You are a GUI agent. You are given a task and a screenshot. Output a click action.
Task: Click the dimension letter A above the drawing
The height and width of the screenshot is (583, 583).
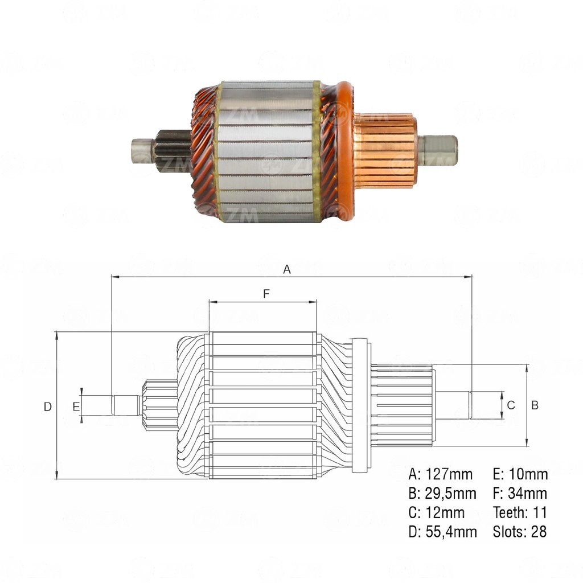287,269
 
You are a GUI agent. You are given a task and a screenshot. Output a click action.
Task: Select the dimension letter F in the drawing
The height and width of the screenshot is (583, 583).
266,294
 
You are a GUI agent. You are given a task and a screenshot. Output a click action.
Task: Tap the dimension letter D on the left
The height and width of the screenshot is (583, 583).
48,407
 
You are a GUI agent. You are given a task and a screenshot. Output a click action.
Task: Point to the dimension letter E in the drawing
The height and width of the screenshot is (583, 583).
76,406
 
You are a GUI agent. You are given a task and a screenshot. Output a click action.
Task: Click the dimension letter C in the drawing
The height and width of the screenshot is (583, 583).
511,405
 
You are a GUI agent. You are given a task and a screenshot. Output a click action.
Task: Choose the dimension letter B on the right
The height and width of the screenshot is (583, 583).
535,405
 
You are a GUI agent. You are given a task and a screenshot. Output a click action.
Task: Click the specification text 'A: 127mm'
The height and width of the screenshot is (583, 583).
440,474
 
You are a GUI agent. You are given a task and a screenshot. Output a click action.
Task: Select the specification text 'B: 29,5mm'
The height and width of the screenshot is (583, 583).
442,493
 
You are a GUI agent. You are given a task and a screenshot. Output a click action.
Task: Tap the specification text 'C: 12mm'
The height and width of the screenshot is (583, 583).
436,512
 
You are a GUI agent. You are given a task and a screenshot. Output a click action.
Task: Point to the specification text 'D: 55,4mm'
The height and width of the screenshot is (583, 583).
442,532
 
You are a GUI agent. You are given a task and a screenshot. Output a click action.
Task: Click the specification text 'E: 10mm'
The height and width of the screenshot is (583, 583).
520,474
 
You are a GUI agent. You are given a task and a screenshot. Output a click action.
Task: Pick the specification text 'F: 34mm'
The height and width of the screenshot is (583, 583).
519,493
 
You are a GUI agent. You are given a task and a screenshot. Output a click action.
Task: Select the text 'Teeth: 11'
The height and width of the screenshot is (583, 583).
519,512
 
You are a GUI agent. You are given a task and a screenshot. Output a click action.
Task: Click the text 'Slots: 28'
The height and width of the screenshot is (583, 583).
519,532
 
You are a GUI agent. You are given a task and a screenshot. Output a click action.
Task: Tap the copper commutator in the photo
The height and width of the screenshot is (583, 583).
385,150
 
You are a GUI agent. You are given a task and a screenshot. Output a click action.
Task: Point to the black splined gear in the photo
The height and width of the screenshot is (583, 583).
173,151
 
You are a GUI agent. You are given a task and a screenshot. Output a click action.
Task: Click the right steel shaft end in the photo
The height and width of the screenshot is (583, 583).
438,150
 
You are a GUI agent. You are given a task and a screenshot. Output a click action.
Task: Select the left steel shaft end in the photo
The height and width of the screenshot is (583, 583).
142,151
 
